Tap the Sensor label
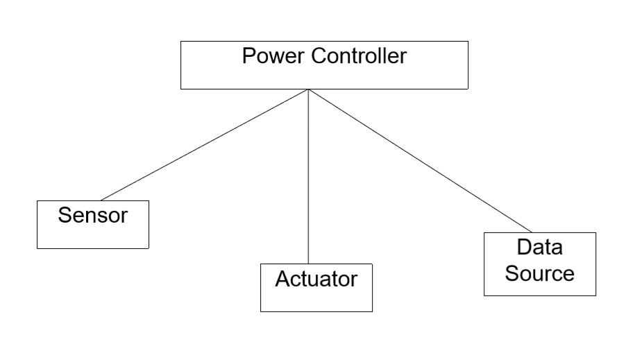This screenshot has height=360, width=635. point(93,215)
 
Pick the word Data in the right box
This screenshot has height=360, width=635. point(539,248)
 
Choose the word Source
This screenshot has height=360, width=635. point(539,273)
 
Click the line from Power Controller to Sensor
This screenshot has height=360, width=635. point(205,144)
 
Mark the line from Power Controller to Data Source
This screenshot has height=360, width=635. point(420,161)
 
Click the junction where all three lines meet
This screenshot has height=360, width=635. point(307,89)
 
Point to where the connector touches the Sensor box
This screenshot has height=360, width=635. point(101,200)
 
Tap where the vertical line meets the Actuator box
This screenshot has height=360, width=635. point(307,264)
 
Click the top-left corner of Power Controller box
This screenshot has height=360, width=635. point(181,42)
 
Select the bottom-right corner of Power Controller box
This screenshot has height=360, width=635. point(467,89)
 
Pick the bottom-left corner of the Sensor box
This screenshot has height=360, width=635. point(37,248)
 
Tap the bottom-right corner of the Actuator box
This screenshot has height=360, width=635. point(372,311)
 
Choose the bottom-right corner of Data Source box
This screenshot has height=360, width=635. point(595,295)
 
